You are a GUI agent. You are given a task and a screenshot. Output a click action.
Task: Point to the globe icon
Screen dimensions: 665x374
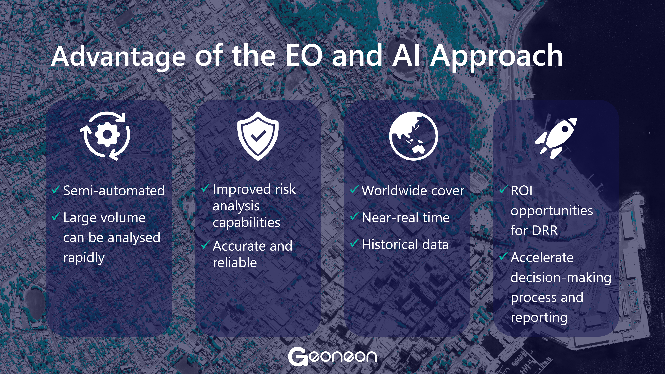pyautogui.click(x=414, y=136)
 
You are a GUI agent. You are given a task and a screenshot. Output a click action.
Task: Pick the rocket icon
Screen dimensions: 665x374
pyautogui.click(x=556, y=138)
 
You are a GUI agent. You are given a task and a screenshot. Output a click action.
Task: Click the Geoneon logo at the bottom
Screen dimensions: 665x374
pyautogui.click(x=332, y=357)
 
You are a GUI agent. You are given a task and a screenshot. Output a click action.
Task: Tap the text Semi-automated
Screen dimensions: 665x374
pyautogui.click(x=114, y=191)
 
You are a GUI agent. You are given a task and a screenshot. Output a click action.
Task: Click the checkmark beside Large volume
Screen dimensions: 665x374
pyautogui.click(x=56, y=216)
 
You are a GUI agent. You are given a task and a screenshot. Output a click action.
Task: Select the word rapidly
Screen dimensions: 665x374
pyautogui.click(x=84, y=258)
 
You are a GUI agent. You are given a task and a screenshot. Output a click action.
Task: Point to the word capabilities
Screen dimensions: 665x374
pyautogui.click(x=246, y=222)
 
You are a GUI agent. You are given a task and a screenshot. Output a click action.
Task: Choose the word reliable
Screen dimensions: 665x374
pyautogui.click(x=235, y=262)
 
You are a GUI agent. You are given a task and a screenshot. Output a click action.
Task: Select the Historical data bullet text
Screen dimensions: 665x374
pyautogui.click(x=405, y=244)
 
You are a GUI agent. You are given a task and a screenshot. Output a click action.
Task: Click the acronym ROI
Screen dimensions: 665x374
pyautogui.click(x=521, y=191)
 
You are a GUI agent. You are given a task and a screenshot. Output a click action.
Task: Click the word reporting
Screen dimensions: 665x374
pyautogui.click(x=539, y=317)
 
